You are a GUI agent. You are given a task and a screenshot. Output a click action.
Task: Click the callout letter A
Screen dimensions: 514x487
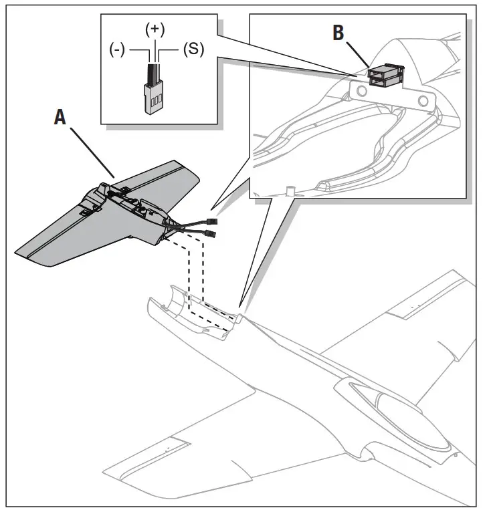tap(61, 117)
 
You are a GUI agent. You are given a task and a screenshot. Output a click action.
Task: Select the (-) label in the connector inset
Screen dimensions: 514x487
tap(118, 51)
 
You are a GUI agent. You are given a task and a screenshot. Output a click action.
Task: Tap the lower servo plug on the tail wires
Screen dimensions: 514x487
tap(209, 234)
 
